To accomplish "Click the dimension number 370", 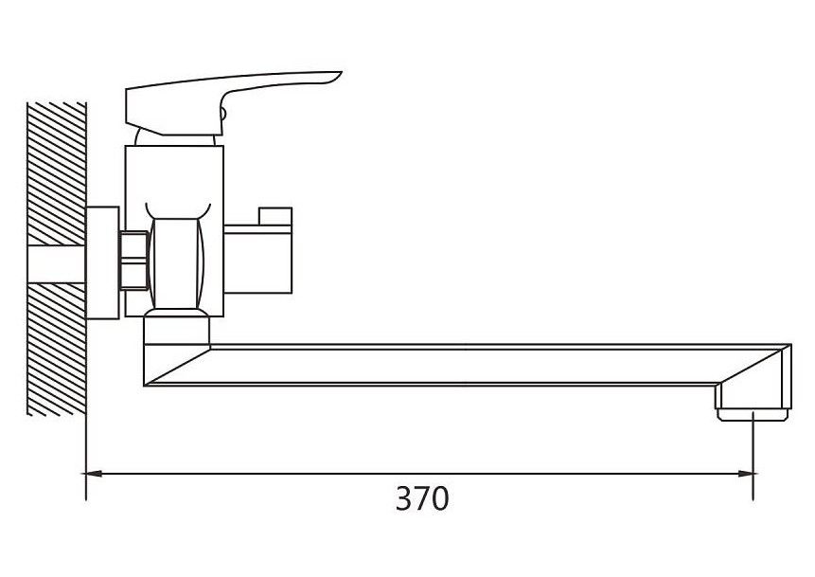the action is point(421,498).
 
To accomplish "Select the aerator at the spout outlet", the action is point(753,415).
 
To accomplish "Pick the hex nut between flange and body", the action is point(133,260).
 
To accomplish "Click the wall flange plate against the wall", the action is point(102,262).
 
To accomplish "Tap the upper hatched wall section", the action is point(56,173).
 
